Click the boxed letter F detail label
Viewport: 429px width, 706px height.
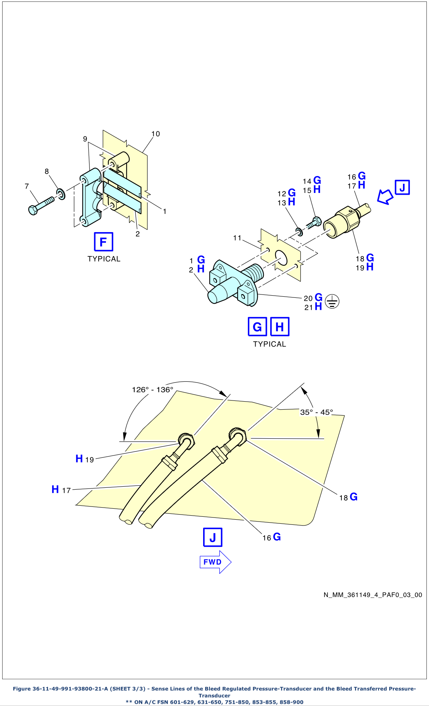(103, 242)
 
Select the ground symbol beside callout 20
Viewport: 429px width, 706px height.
(332, 301)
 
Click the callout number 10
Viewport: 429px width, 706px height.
(155, 134)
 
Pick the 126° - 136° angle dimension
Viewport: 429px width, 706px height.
(153, 389)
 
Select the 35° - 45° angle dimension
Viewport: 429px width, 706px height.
(316, 412)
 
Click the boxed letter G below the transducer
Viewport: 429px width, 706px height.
(257, 327)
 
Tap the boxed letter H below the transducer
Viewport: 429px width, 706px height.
(280, 327)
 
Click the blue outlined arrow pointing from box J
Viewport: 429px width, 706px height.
(385, 196)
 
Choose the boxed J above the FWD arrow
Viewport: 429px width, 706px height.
(213, 537)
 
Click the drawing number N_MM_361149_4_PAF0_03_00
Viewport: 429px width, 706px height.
(373, 595)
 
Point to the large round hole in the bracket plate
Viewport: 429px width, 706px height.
(281, 258)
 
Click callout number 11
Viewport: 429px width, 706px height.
(237, 238)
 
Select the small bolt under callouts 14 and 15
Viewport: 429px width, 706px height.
(314, 223)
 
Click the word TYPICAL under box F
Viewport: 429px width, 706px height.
(104, 259)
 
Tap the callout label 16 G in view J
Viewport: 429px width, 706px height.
(272, 537)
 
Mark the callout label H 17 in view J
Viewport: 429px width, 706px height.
(61, 490)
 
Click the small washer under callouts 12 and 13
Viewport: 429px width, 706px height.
(299, 231)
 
